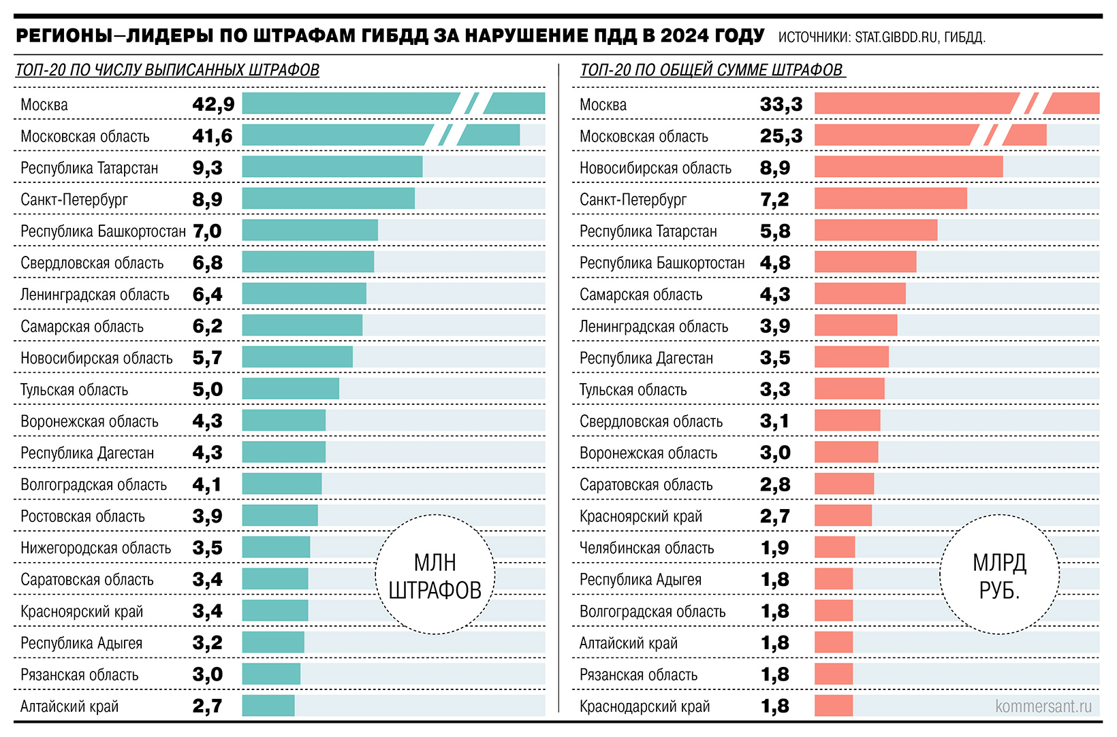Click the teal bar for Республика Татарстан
pos(332,167)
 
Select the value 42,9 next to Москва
pos(213,104)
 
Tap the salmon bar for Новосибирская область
pos(908,167)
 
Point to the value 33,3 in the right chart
pos(781,104)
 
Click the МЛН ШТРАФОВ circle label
pos(435,576)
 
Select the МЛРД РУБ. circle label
pos(999,576)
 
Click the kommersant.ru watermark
pos(1043,706)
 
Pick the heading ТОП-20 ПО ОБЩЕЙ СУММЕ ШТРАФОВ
pos(712,70)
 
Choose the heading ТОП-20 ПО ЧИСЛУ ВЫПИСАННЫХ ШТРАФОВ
pos(167,70)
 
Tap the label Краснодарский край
pos(644,706)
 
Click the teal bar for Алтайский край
pos(268,706)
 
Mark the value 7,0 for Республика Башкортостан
pos(207,231)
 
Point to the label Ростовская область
pos(82,517)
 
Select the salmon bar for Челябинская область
pos(834,547)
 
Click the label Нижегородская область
pos(95,548)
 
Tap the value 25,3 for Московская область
pos(781,136)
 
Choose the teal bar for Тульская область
pos(290,389)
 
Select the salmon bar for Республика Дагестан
pos(851,357)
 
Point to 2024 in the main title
pos(684,35)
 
